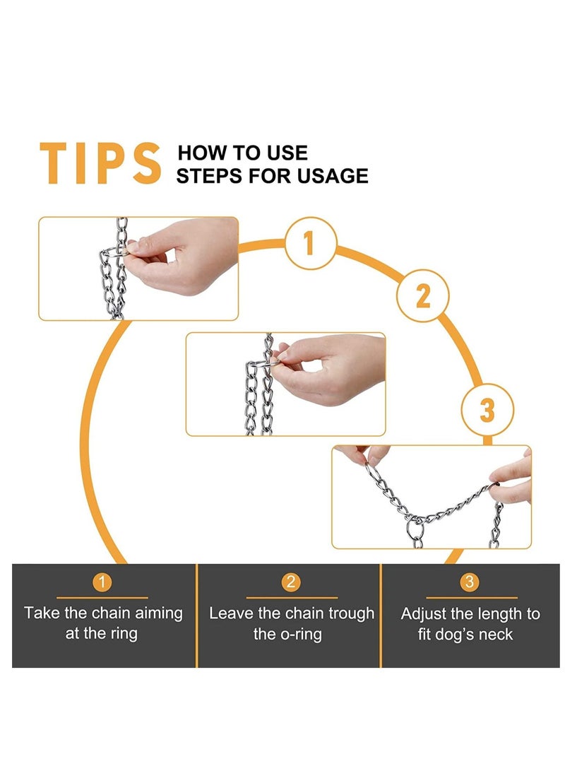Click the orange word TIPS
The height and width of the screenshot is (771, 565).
click(100, 163)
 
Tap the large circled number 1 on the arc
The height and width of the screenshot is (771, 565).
click(311, 243)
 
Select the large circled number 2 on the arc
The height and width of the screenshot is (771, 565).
click(422, 296)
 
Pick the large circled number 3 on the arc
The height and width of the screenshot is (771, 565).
click(487, 410)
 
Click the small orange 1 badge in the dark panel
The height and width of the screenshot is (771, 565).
click(102, 582)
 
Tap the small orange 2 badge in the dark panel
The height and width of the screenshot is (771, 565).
click(291, 582)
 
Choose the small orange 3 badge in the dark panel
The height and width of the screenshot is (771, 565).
click(469, 582)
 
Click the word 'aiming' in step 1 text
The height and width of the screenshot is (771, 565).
click(159, 613)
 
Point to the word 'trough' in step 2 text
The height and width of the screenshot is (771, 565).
click(351, 614)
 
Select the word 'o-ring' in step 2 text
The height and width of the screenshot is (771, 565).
click(301, 635)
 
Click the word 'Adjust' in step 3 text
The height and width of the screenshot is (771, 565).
click(424, 614)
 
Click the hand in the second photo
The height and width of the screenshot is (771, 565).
click(329, 369)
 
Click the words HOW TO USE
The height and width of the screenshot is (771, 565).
click(243, 153)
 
